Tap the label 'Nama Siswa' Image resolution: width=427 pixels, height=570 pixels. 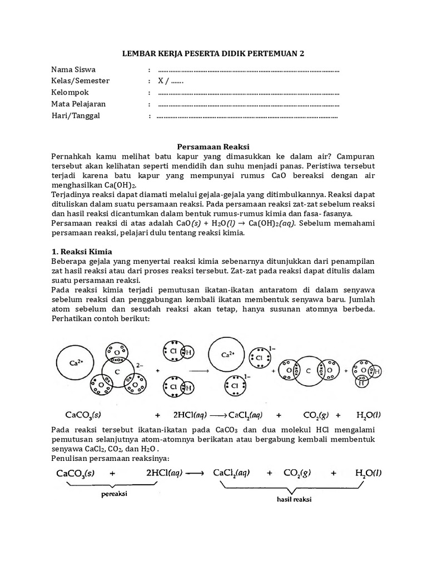[73, 70]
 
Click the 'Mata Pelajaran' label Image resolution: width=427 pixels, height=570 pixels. [78, 104]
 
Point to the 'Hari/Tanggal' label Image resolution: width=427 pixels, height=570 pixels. [76, 116]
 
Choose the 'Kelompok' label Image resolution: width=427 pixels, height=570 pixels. [70, 92]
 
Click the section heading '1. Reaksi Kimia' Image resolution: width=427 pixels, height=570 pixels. [82, 252]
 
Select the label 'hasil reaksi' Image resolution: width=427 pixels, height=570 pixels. [294, 499]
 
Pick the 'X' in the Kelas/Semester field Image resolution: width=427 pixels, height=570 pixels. [161, 81]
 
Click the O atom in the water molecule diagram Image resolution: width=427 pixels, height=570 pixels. [364, 370]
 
